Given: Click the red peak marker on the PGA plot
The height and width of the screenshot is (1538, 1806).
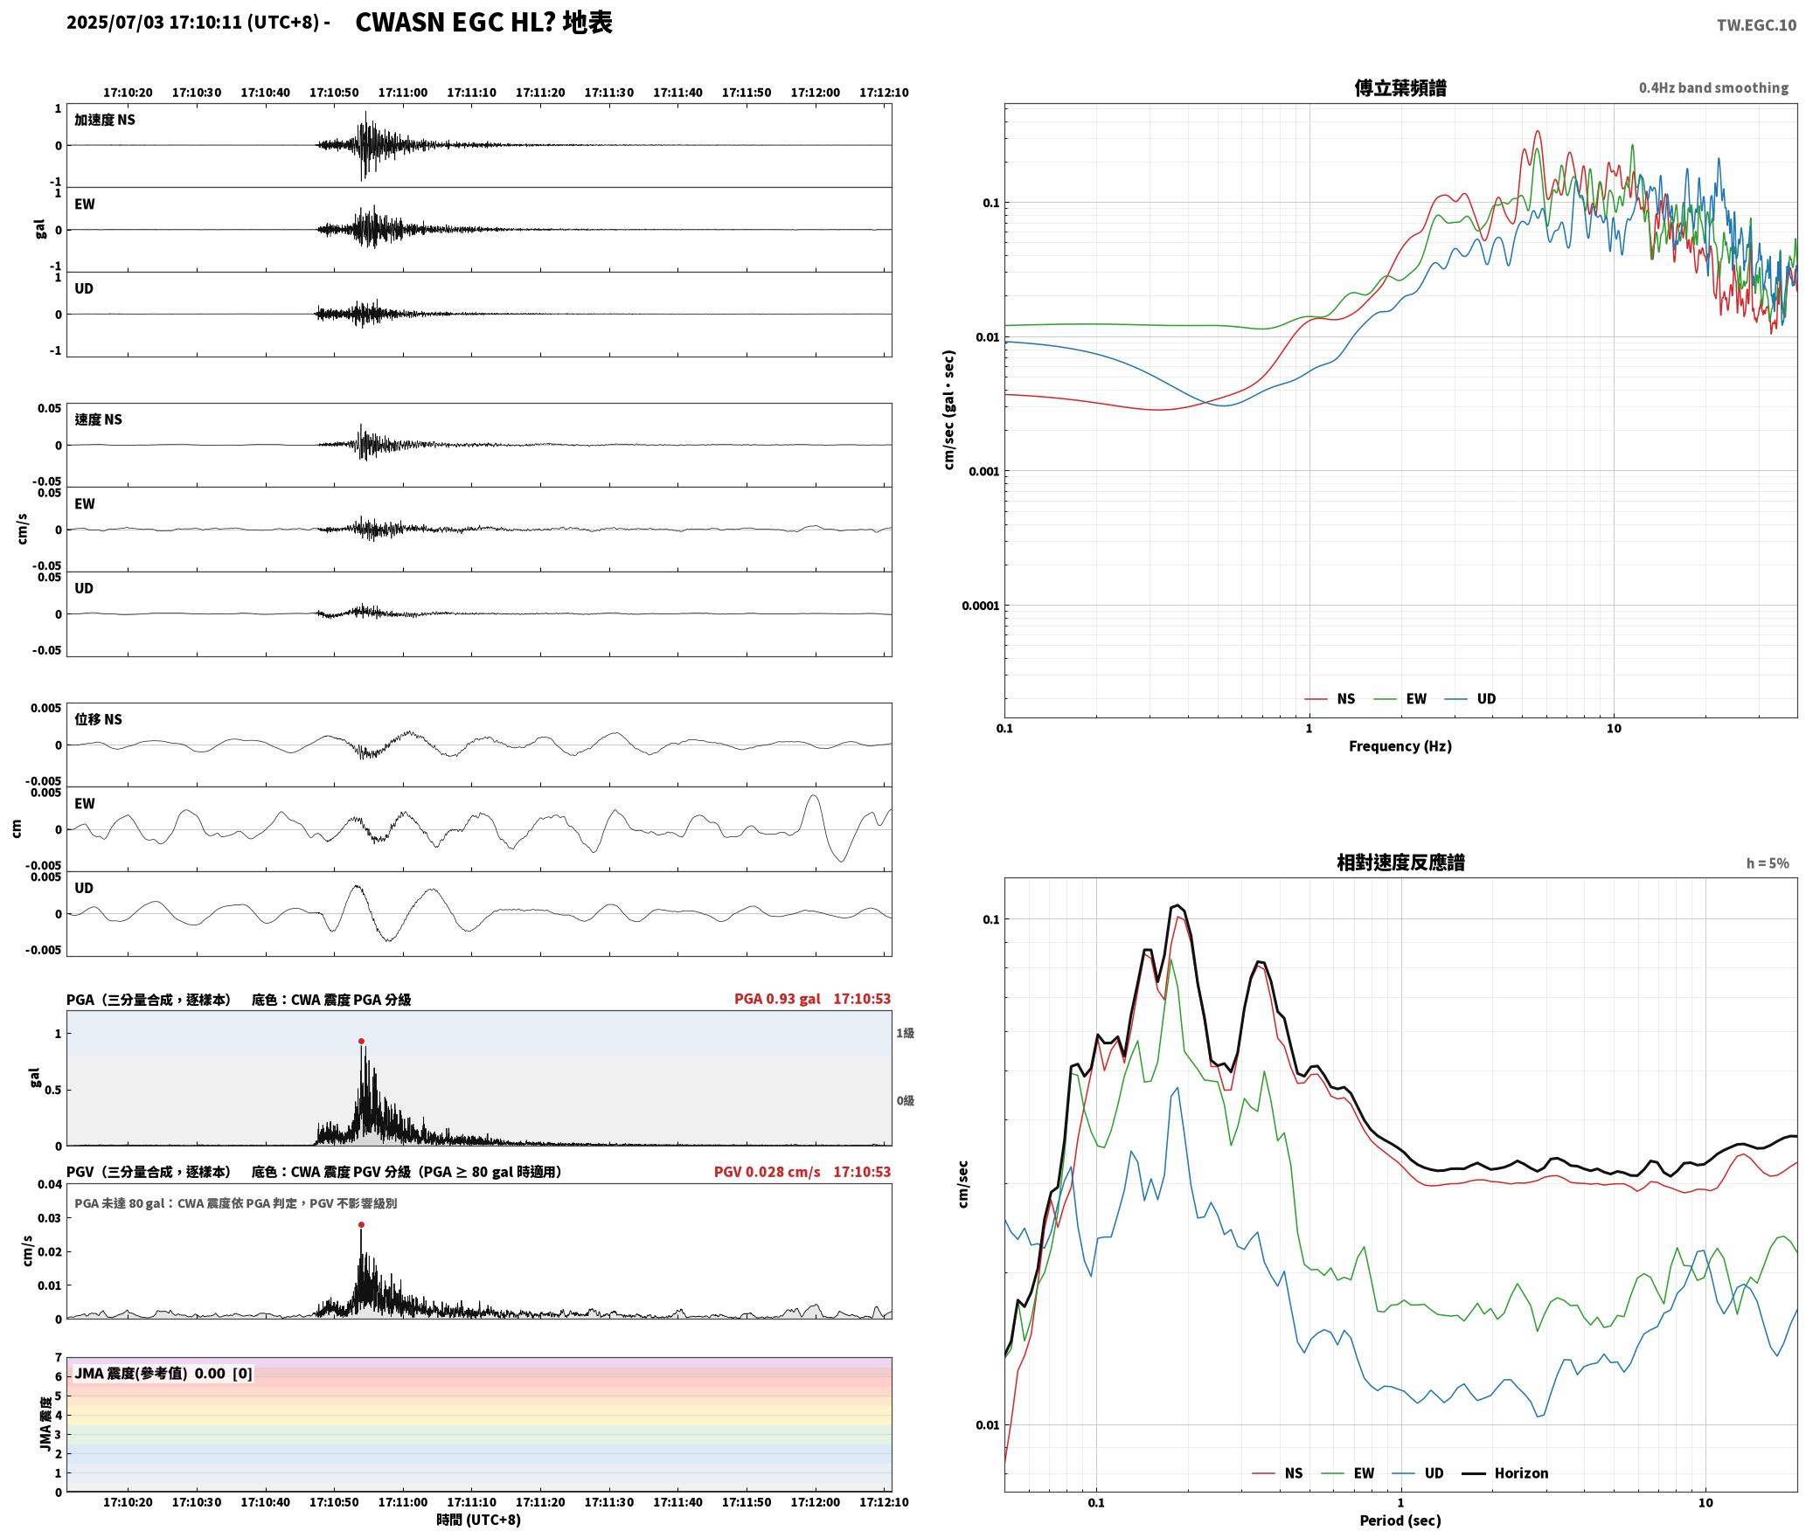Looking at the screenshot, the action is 361,1041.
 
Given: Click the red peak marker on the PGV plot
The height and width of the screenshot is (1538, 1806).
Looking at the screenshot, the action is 361,1224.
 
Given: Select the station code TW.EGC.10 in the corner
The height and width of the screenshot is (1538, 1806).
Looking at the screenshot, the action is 1756,24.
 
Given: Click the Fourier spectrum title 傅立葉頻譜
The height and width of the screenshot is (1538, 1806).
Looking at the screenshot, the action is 1400,87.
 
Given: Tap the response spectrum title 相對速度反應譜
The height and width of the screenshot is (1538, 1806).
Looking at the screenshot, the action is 1400,863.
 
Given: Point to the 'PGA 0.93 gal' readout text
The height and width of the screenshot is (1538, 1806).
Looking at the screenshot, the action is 777,999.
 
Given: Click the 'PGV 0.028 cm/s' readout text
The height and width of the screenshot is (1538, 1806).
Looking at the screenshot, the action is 767,1172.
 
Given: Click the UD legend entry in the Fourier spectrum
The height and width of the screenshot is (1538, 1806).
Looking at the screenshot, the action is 1469,699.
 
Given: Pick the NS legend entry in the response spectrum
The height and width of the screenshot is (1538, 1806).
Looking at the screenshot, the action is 1277,1473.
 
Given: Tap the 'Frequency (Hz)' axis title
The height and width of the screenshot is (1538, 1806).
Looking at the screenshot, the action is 1400,746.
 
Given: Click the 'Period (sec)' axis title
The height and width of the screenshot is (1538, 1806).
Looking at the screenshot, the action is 1400,1521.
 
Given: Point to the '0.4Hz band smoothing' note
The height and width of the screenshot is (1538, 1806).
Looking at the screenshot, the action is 1713,87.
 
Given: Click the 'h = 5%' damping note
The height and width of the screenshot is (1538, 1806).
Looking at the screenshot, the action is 1768,863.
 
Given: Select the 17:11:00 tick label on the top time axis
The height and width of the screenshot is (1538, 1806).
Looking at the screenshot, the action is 403,93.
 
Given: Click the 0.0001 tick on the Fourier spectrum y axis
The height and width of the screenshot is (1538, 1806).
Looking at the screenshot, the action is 980,606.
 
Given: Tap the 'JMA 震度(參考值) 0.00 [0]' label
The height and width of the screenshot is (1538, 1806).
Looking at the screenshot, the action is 163,1373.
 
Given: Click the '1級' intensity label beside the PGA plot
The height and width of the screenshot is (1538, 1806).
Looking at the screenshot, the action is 905,1033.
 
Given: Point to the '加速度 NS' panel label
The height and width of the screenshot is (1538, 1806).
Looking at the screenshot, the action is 105,120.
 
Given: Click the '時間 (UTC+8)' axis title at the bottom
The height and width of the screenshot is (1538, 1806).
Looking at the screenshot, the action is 478,1520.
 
